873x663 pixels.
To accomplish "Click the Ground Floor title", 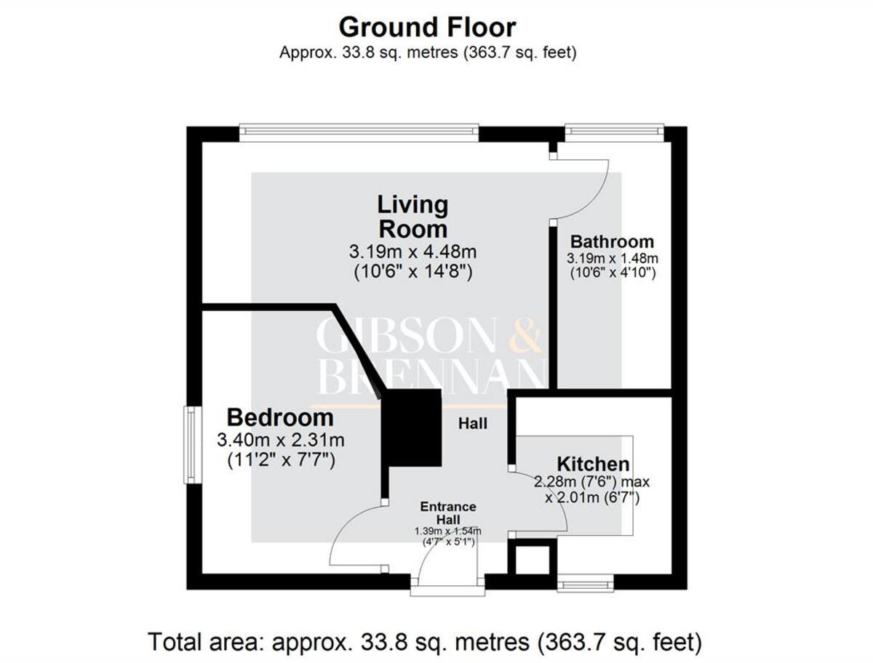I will click(427, 27).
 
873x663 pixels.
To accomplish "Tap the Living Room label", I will click(412, 216).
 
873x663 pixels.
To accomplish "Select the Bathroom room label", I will click(612, 241).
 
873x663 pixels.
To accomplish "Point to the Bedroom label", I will click(280, 418).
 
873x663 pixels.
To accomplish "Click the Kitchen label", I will click(593, 464).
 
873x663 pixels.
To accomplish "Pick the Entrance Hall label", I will click(447, 513).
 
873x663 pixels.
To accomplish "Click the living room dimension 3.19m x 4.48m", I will click(412, 252).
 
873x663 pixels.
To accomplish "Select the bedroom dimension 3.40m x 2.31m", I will click(280, 440).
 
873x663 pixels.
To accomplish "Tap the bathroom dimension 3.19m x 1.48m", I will click(612, 258).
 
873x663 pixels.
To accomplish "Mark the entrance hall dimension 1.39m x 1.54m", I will click(447, 531).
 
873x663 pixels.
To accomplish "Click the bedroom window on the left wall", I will click(189, 444).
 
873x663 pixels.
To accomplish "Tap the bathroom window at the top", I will click(615, 131).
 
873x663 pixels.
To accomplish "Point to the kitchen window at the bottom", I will click(586, 584).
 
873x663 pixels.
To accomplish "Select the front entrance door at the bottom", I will click(447, 585).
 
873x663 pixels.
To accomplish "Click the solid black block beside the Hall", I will click(412, 427).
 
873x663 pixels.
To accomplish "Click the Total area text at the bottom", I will click(426, 642).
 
